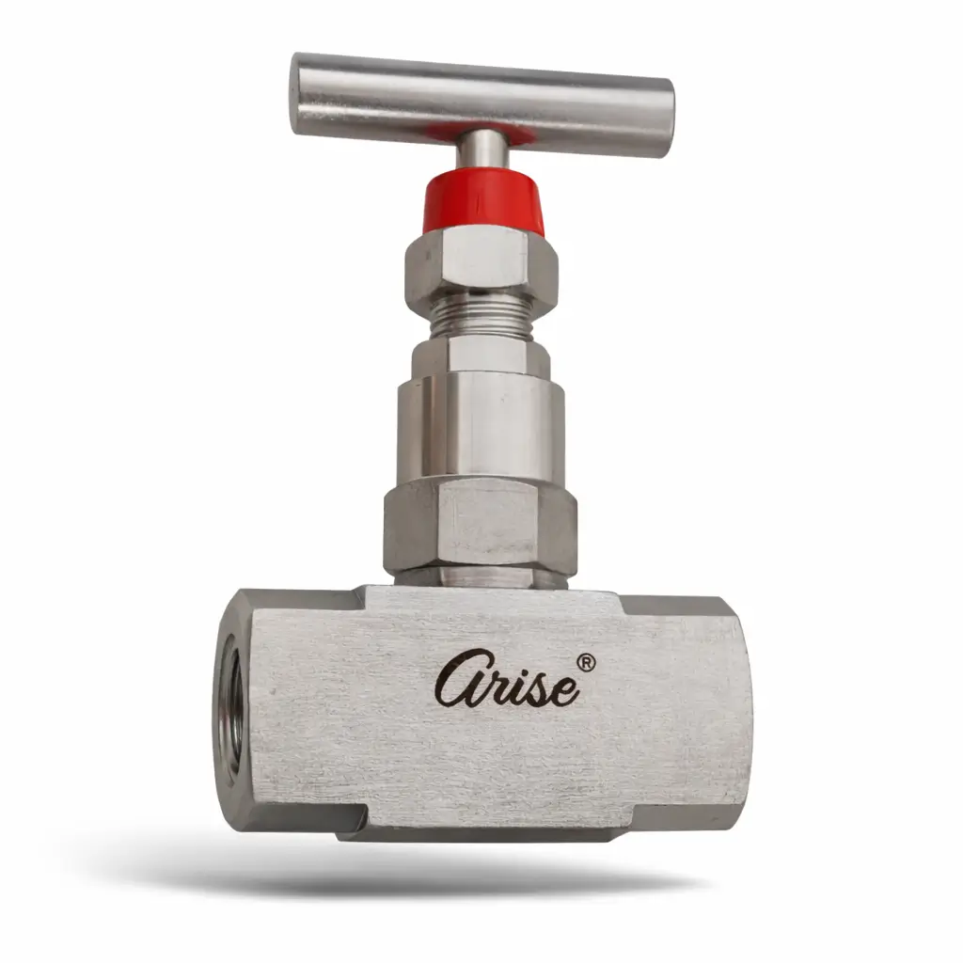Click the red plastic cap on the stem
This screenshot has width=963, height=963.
tap(484, 203)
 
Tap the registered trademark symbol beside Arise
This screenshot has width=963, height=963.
tap(586, 663)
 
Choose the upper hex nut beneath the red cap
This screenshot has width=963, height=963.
tap(481, 264)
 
